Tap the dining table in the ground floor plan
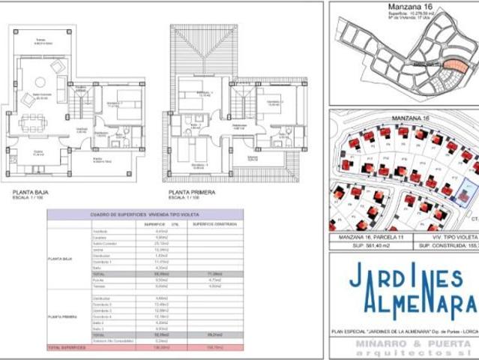[x=31, y=121]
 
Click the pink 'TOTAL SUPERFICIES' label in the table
[x=67, y=348]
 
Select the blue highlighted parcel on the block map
[x=466, y=190]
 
